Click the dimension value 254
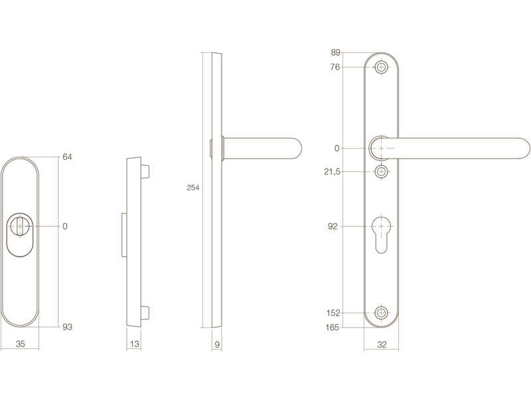point(193,188)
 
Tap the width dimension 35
point(21,344)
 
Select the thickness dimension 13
point(135,344)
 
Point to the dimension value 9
point(217,344)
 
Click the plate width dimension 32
point(382,344)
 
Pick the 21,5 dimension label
point(332,172)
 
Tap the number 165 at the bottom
point(333,328)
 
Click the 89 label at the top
point(336,52)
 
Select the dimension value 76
point(335,67)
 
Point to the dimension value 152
point(333,313)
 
